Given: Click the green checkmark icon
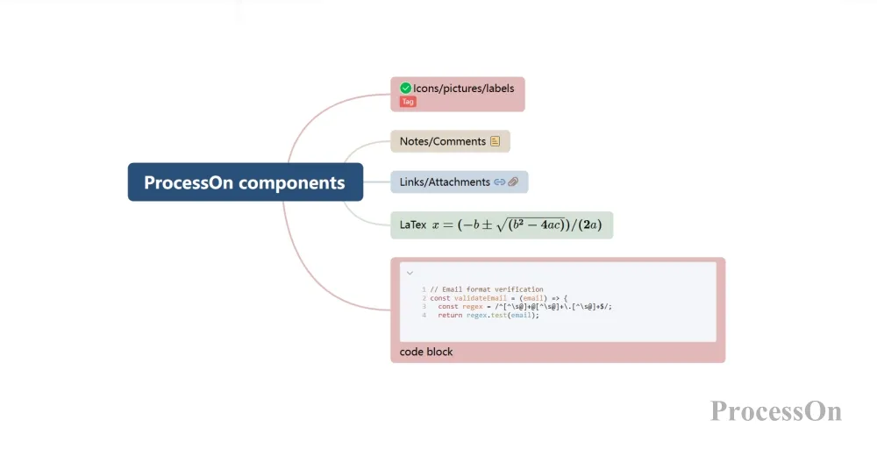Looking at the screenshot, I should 405,88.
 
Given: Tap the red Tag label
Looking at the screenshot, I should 408,102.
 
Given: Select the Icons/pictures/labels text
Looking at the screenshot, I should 464,89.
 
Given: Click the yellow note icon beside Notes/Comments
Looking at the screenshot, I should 496,141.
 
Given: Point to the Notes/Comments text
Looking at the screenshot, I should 442,141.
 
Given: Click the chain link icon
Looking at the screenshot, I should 500,182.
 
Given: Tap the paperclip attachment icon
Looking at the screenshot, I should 514,182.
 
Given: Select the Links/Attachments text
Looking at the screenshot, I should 445,182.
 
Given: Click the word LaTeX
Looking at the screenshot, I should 413,224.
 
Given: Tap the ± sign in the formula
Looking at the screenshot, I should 488,225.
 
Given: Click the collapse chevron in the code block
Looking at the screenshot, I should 410,273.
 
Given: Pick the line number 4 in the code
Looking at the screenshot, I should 424,315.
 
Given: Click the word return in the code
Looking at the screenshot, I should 450,315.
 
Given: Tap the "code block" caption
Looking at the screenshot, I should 426,352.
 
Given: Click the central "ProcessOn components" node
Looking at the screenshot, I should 245,182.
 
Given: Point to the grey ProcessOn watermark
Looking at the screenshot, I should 775,410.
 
